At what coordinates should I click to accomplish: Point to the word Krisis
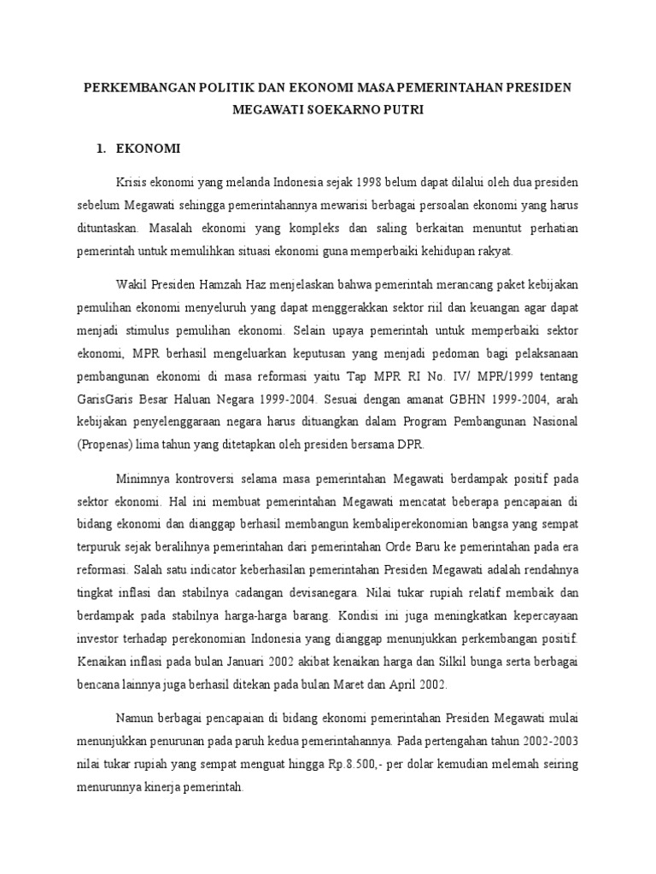[x=131, y=183]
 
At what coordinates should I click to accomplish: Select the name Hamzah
[x=224, y=284]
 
